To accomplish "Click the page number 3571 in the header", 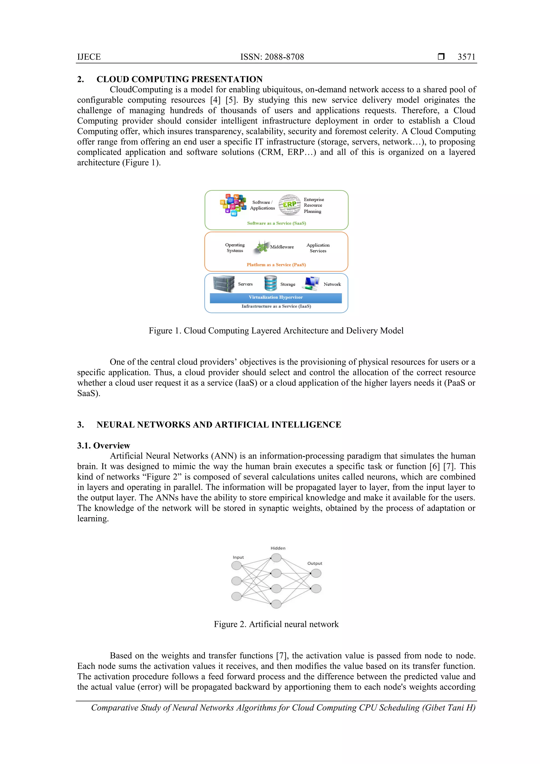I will (466, 57).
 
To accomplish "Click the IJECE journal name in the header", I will (89, 57).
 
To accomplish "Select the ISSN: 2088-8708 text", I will (272, 57).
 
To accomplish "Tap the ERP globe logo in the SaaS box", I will (289, 205).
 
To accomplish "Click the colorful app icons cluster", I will (233, 204).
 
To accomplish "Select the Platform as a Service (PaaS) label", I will (276, 265).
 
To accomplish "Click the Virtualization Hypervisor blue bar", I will (276, 297).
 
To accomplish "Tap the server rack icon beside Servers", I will (224, 284).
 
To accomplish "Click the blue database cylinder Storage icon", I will (271, 284).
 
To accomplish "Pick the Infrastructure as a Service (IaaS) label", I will (276, 306).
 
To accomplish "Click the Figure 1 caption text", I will (276, 331).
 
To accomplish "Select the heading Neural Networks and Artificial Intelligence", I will (219, 425).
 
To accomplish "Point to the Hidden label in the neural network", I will (278, 548).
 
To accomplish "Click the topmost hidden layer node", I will (276, 558).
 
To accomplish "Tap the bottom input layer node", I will (237, 596).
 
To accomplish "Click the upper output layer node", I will (316, 573).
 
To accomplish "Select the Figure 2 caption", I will (276, 624).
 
